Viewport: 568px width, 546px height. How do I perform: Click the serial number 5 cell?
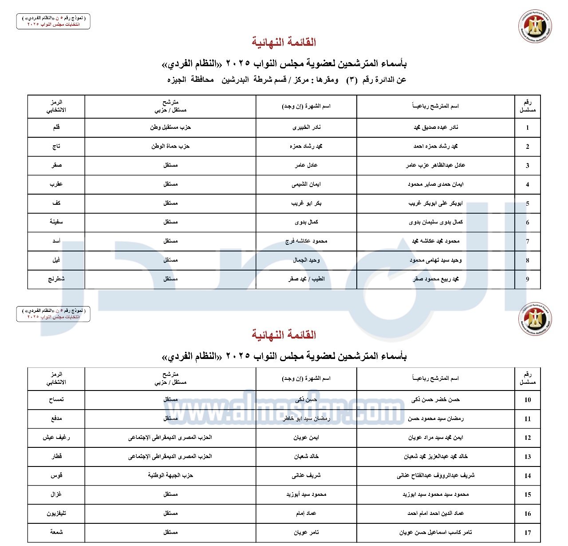click(528, 204)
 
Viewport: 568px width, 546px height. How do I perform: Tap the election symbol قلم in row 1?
click(56, 128)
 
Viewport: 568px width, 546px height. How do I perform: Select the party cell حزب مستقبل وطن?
click(170, 128)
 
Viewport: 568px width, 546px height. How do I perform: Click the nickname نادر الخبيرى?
click(306, 128)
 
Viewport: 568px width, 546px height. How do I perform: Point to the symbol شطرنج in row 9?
click(56, 279)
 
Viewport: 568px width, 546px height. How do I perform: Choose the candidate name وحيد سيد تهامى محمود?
click(435, 260)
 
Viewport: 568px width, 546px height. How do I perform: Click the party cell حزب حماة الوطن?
click(170, 146)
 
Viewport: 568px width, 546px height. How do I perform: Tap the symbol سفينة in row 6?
click(56, 222)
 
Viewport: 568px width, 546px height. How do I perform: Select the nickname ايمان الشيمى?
click(306, 184)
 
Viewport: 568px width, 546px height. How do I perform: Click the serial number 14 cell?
click(528, 476)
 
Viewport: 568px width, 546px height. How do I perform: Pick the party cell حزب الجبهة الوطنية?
click(170, 475)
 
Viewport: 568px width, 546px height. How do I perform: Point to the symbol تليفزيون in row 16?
click(56, 514)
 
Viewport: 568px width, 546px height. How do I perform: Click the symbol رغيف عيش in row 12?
click(56, 438)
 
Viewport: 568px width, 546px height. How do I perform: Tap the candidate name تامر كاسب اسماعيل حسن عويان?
click(435, 532)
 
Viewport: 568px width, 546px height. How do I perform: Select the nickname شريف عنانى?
click(306, 475)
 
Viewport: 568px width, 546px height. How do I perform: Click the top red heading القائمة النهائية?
click(284, 43)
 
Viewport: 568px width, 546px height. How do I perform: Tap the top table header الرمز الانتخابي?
click(56, 106)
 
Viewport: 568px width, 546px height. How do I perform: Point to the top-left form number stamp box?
click(53, 21)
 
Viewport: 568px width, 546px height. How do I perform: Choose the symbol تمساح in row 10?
click(56, 400)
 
